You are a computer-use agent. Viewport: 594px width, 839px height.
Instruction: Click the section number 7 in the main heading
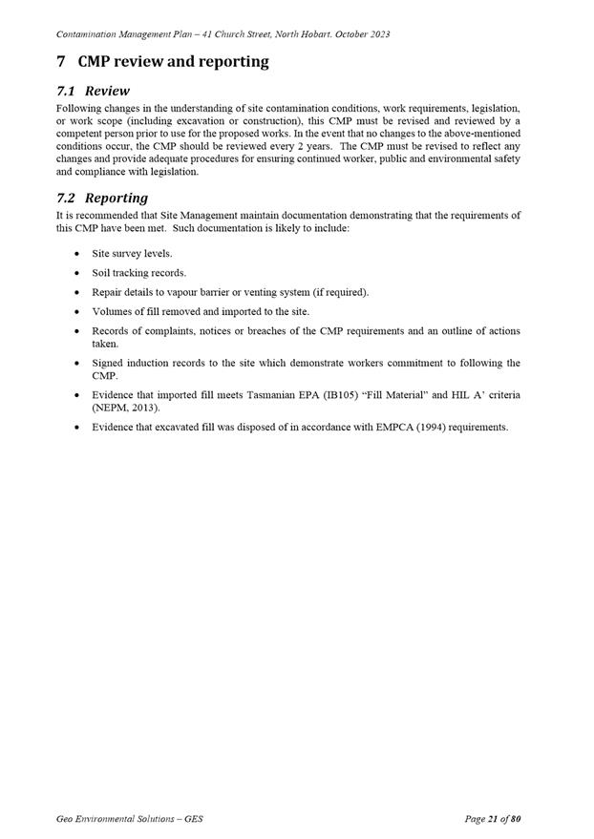(x=61, y=62)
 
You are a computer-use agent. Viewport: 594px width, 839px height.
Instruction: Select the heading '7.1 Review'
(x=93, y=92)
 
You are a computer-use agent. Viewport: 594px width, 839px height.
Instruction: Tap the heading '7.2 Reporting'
(x=102, y=198)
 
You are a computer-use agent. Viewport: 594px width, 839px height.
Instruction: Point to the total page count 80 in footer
(x=515, y=819)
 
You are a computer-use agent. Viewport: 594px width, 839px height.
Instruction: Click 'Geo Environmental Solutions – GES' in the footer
(x=130, y=819)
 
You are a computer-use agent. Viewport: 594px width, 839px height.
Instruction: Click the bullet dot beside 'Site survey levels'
(x=76, y=254)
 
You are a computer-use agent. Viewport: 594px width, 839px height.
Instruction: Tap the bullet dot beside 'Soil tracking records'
(x=76, y=273)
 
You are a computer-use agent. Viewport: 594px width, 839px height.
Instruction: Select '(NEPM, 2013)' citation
(x=124, y=408)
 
